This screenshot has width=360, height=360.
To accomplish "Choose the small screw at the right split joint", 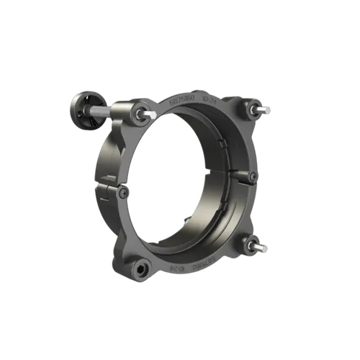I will (x=252, y=177).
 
